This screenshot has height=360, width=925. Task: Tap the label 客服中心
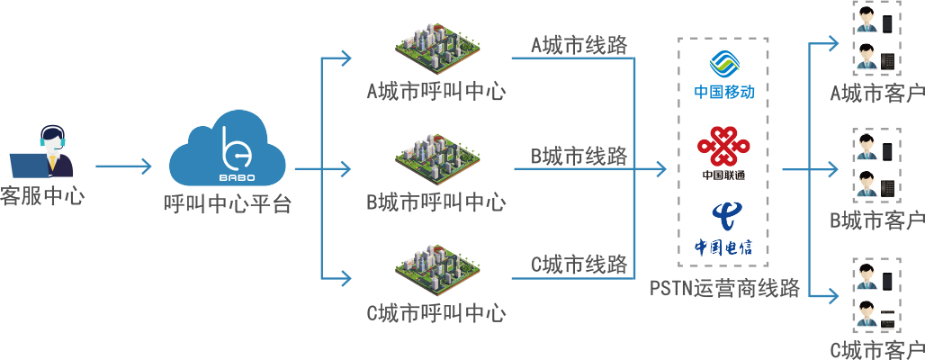click(42, 195)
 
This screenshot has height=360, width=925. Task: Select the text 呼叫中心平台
click(227, 205)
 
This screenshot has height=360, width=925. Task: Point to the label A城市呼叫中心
click(436, 92)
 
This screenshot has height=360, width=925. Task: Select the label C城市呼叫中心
click(436, 312)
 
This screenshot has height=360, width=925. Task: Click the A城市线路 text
click(579, 44)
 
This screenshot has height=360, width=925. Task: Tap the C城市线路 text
click(579, 264)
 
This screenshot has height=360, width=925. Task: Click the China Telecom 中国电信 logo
click(723, 229)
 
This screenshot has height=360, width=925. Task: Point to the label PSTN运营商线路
click(724, 289)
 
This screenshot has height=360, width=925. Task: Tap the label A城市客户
click(877, 92)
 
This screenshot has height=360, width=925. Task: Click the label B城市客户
click(877, 220)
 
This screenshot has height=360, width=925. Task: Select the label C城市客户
click(877, 348)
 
